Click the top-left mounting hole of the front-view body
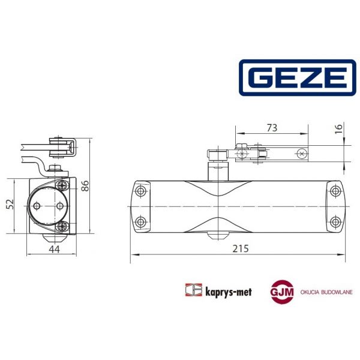tap(142, 192)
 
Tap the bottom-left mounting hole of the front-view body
tap(142, 221)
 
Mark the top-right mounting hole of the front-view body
tap(334, 192)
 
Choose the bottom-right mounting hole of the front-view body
tap(334, 221)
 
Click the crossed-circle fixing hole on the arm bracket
tap(301, 154)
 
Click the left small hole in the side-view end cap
tap(38, 206)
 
